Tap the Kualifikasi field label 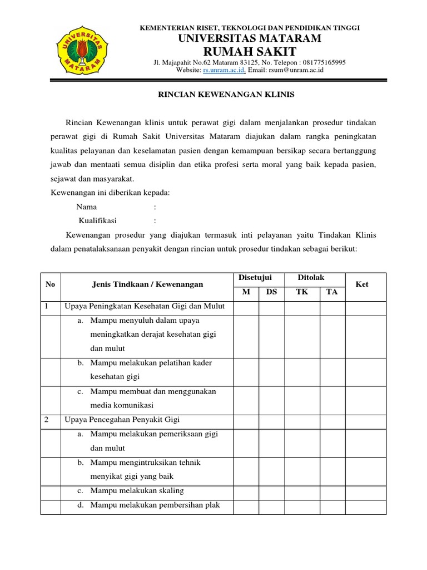pos(101,220)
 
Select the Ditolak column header pos(311,277)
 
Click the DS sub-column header pos(271,292)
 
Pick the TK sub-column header pos(302,292)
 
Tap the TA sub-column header pos(332,292)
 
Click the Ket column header pos(362,284)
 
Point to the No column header pos(51,284)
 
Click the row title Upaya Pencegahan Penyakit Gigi pos(122,420)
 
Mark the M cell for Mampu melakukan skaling pos(246,492)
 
